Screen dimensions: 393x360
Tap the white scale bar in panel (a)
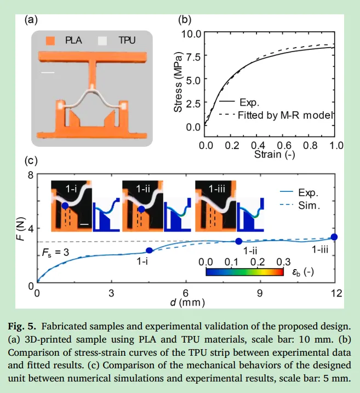coord(48,72)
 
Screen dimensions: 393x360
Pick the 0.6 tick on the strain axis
coord(284,146)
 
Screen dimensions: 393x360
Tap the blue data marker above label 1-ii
coord(239,241)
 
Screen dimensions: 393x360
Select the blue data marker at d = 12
coord(334,237)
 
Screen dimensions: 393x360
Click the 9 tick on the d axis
coord(260,292)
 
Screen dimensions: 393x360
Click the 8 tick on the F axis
coord(31,175)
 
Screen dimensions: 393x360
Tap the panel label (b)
coord(185,21)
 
